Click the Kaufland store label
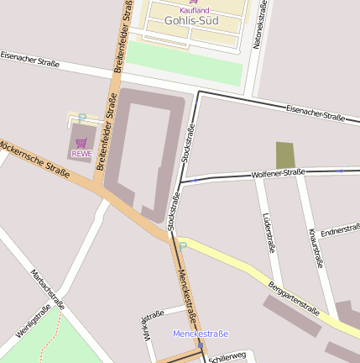(194, 10)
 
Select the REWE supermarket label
(81, 154)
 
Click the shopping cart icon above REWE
(81, 143)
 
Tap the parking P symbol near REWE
(81, 118)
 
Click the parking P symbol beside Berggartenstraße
(182, 247)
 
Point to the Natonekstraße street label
(263, 25)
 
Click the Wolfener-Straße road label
(278, 173)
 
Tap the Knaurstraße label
(316, 247)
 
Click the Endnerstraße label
(340, 229)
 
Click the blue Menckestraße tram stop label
(200, 334)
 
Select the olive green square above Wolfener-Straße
(285, 155)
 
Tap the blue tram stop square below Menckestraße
(200, 344)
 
